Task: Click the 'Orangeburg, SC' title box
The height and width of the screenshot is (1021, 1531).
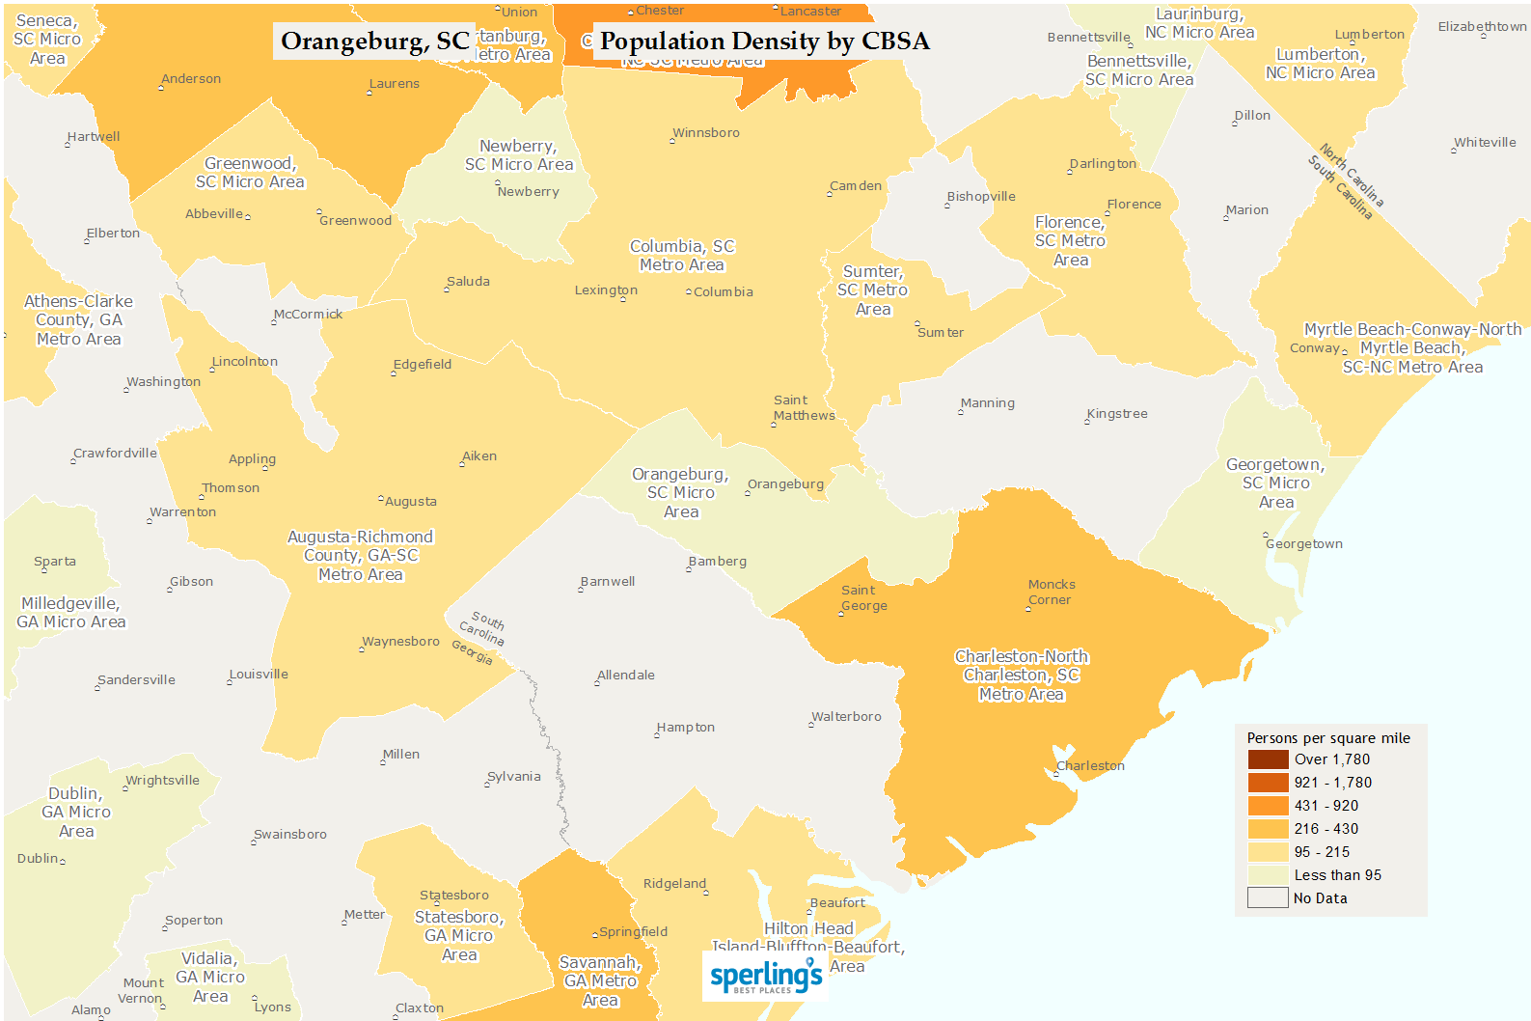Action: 374,41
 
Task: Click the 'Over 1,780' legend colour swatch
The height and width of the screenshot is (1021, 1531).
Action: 1268,759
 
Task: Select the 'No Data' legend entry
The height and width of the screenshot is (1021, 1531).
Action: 1319,898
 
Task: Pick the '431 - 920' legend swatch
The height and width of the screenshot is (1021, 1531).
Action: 1268,806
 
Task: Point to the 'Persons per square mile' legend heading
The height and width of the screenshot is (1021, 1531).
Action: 1327,738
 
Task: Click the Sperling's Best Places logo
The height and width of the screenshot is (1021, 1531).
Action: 766,977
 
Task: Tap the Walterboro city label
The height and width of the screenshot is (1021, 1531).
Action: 846,717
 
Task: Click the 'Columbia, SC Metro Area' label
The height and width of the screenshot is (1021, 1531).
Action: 682,256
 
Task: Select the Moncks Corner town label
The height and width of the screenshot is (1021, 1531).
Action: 1051,592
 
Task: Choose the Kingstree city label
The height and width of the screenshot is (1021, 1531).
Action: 1117,414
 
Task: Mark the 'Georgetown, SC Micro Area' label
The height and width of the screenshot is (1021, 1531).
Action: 1275,483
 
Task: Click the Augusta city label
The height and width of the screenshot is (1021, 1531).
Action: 410,502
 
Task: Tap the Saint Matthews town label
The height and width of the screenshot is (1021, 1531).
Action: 804,408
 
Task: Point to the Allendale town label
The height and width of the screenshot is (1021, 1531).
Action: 625,676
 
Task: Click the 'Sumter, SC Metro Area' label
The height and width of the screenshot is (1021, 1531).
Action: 872,290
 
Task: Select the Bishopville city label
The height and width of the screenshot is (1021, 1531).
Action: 980,197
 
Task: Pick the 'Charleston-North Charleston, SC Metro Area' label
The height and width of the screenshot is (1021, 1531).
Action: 1021,676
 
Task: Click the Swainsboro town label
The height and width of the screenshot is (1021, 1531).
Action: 289,835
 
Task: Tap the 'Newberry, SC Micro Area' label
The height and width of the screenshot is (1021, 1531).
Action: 519,155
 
